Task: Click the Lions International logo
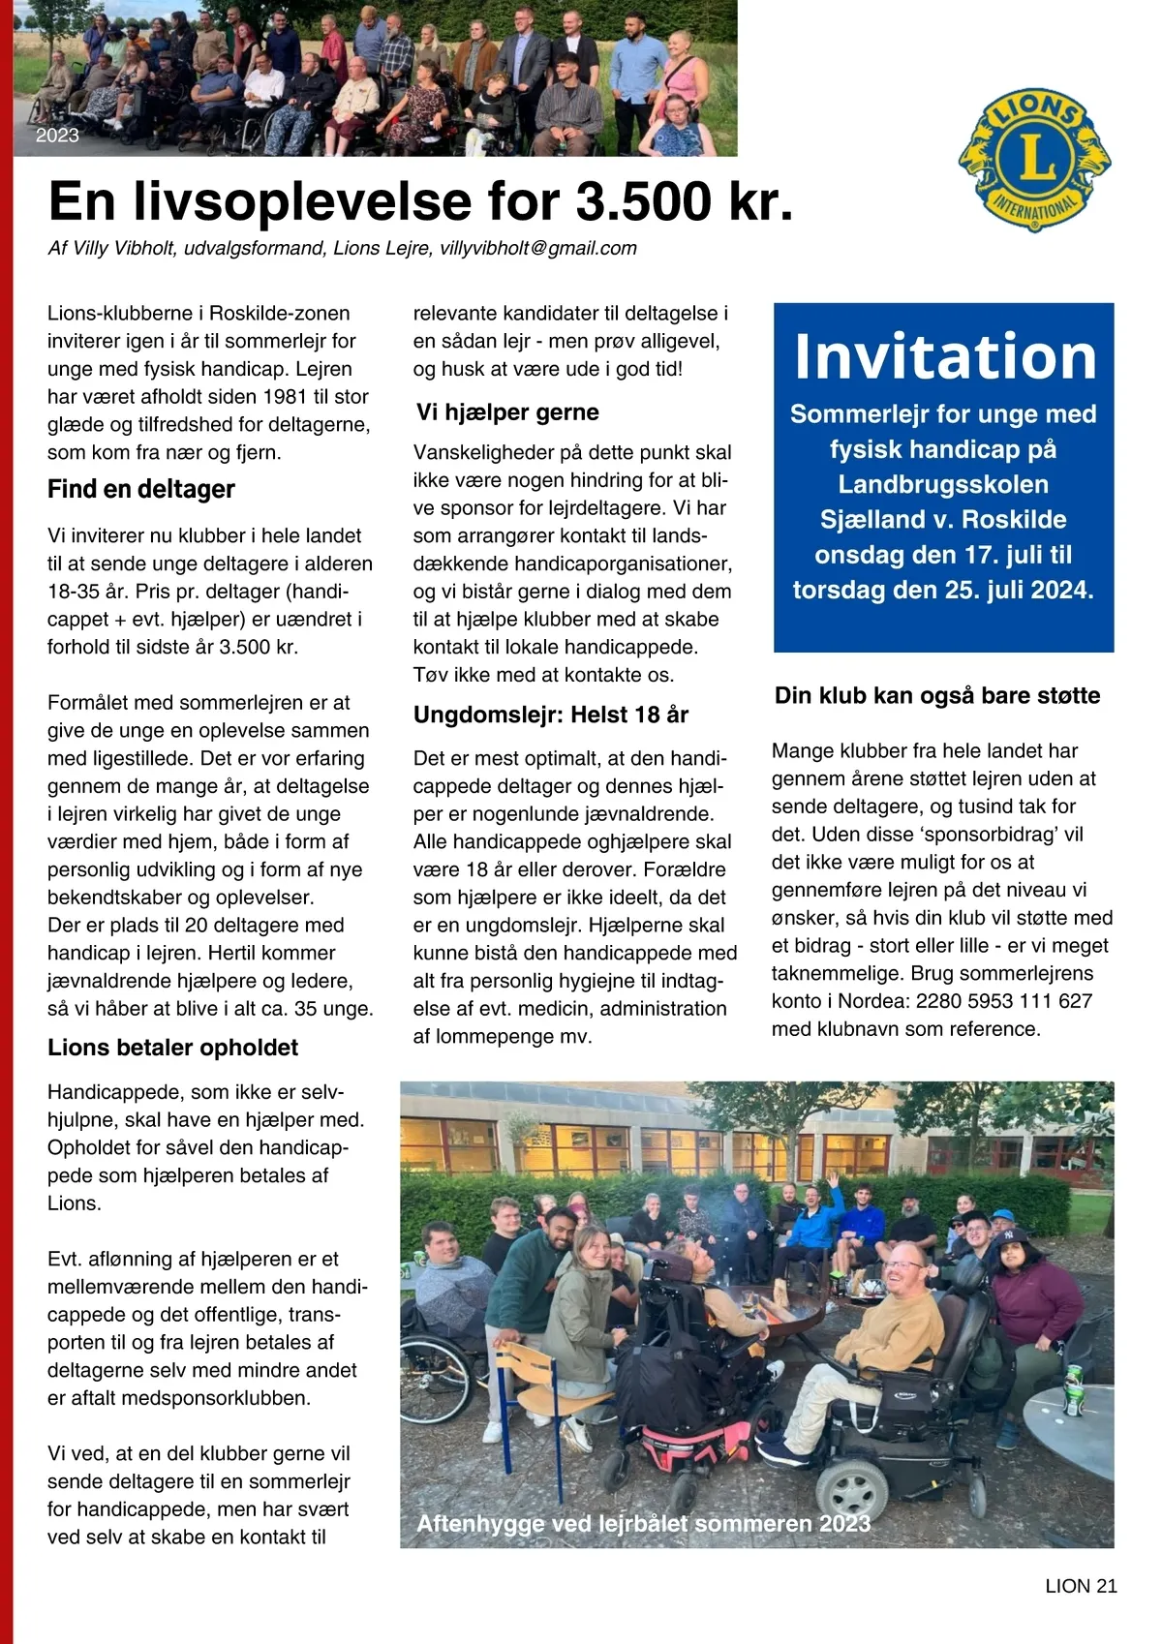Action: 1034,160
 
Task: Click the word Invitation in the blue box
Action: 944,356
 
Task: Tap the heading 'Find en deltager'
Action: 141,489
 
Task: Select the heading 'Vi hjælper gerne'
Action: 507,412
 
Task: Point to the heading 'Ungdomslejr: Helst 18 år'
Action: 550,715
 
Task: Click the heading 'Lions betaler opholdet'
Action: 172,1048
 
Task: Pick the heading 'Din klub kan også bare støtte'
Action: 936,695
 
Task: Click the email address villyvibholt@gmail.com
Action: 538,248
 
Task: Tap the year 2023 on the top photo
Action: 57,136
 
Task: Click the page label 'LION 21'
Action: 1081,1586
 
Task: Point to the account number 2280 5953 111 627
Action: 1004,1001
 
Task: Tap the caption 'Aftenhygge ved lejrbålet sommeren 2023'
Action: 643,1523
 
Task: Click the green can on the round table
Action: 1073,1388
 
